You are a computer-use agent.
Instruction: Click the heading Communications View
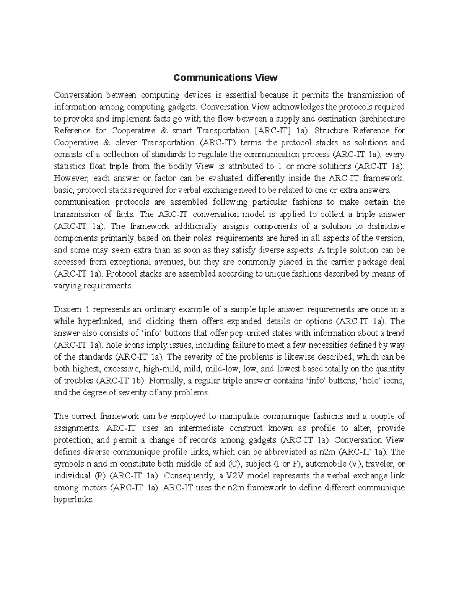click(225, 78)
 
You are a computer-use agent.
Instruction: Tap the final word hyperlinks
click(73, 500)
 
